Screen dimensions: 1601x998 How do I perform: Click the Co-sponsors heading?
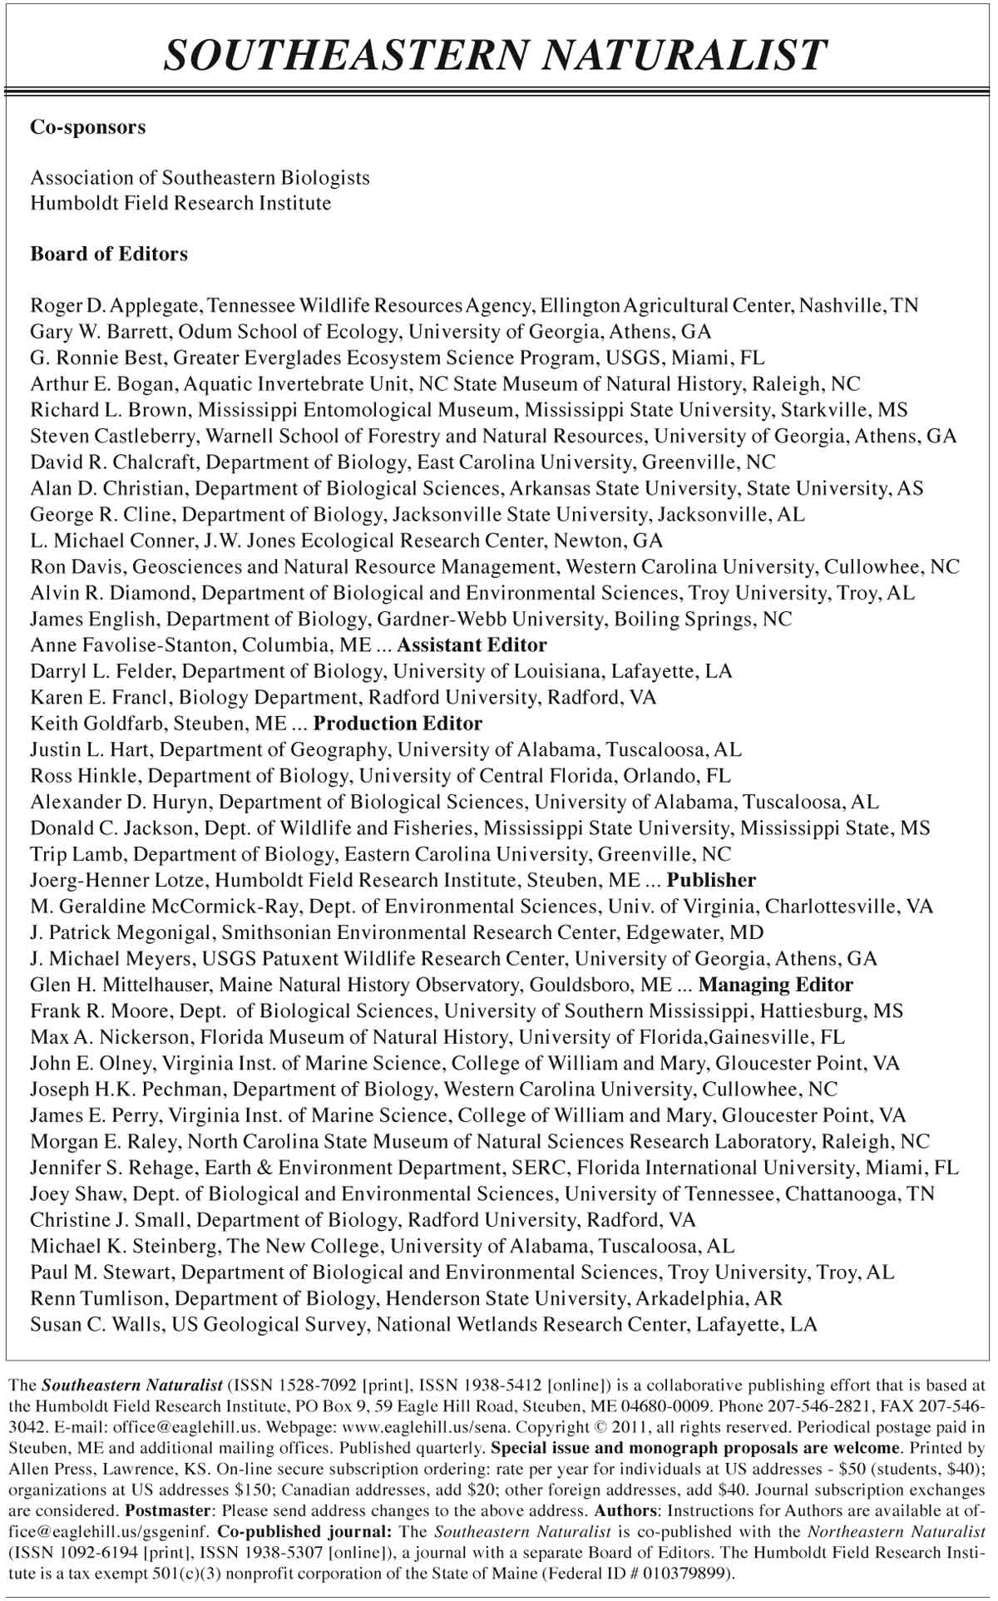pos(88,127)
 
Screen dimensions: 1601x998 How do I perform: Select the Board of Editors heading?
pos(109,254)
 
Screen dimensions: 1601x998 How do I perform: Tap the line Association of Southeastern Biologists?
pos(200,177)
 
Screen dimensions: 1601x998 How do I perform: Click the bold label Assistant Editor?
pos(472,645)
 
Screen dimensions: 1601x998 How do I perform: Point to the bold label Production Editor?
pos(398,723)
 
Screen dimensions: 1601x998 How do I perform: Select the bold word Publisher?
pos(712,880)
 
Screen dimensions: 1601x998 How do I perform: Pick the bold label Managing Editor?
pos(776,985)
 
